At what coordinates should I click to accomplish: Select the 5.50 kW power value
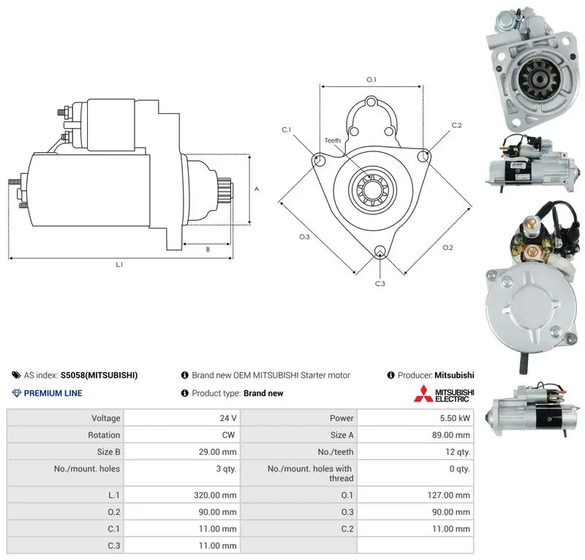[x=454, y=418]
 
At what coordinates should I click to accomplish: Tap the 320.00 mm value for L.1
[x=215, y=495]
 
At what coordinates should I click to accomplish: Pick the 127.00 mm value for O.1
[x=448, y=495]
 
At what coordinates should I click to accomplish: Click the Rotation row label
[x=104, y=435]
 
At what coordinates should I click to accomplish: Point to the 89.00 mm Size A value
[x=450, y=435]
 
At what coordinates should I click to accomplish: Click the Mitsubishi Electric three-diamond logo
[x=423, y=394]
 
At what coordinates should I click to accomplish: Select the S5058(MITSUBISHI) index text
[x=99, y=375]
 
